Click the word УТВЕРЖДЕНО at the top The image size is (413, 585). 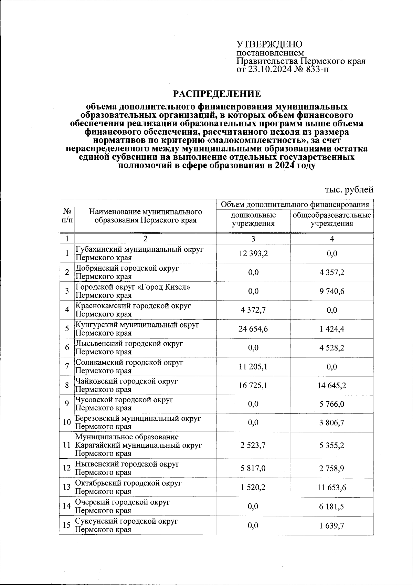pos(269,44)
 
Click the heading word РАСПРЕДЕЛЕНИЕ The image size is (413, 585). pos(216,94)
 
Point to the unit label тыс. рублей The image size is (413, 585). pos(349,189)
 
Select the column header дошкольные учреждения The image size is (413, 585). pos(253,219)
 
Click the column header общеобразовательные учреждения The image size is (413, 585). pos(332,219)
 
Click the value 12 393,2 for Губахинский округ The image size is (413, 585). pos(253,254)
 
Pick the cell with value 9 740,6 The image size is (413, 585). pos(332,291)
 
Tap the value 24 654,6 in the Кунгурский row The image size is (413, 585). pos(253,329)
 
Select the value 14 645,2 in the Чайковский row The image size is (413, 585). pos(332,385)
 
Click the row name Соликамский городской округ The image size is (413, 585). pos(129,363)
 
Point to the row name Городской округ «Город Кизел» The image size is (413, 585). pos(133,287)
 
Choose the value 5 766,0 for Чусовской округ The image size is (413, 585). pos(332,404)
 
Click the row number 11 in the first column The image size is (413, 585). pos(67,445)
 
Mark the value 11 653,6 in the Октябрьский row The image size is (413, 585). pos(332,487)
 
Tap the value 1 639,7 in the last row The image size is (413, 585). pos(332,525)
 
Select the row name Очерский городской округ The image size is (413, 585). pos(123,502)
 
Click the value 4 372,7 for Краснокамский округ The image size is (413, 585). pos(253,310)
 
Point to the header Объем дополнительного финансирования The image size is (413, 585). pos(295,205)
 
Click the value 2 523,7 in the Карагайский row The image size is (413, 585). pos(253,445)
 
